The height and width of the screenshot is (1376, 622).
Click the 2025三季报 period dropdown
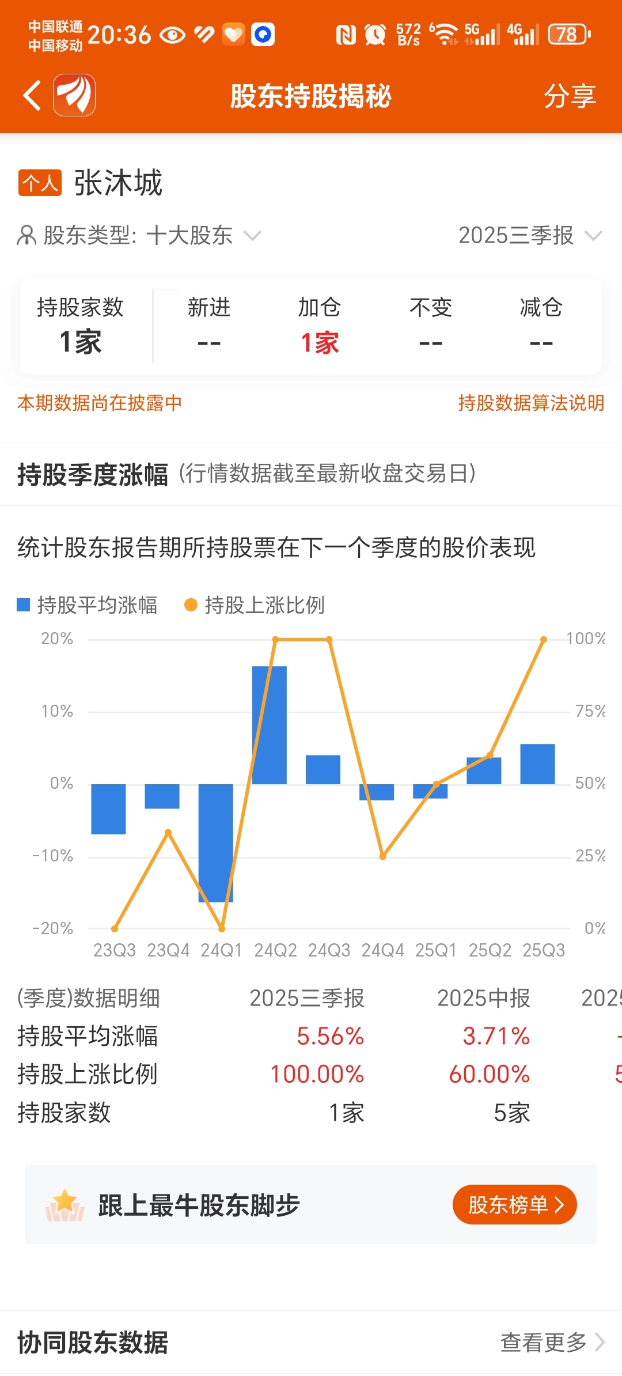(x=529, y=235)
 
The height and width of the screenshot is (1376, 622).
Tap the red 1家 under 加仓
(x=320, y=343)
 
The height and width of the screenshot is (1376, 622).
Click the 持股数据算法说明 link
(x=530, y=403)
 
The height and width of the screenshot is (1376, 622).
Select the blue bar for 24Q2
(x=270, y=725)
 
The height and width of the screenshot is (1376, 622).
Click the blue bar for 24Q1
(x=216, y=842)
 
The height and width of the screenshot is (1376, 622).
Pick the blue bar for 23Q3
(x=108, y=808)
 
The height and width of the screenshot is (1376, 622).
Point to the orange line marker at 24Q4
(x=382, y=856)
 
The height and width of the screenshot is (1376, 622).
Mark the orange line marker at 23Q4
(x=168, y=832)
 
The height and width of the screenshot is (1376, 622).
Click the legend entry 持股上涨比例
(x=255, y=605)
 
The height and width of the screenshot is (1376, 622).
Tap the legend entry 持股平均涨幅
(x=88, y=605)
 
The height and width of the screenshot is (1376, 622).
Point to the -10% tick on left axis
(x=53, y=856)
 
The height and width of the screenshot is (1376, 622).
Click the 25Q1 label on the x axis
(x=436, y=950)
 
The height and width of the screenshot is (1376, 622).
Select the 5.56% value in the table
(x=330, y=1036)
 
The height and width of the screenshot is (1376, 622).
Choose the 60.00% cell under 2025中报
(x=489, y=1074)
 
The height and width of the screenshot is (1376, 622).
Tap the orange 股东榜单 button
(x=514, y=1204)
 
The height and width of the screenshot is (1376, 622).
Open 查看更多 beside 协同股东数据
(x=551, y=1342)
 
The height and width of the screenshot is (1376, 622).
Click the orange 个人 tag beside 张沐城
(x=40, y=183)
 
